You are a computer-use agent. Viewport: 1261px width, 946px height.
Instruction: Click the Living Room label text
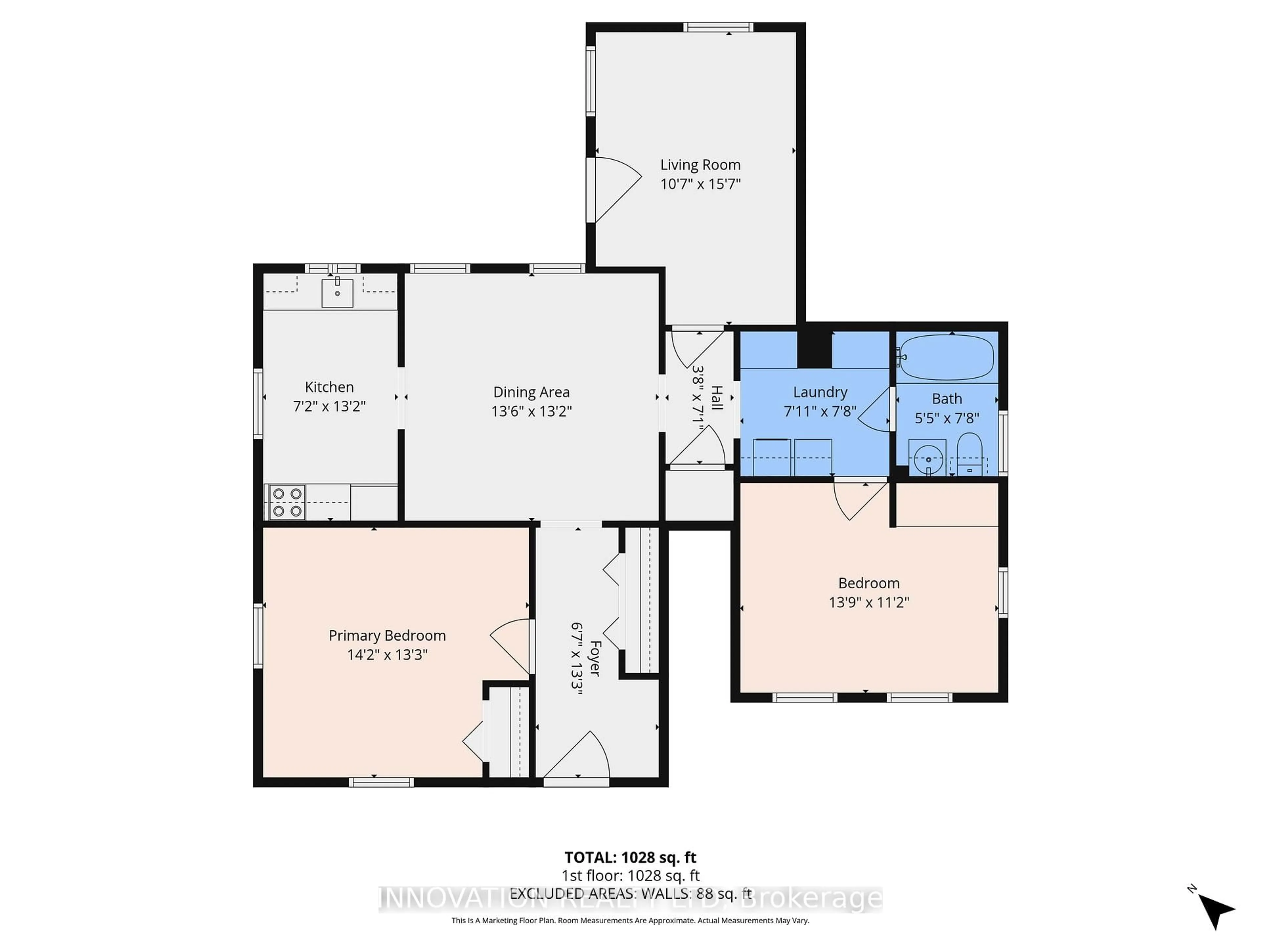(700, 165)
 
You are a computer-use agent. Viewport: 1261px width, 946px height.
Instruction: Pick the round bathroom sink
(928, 459)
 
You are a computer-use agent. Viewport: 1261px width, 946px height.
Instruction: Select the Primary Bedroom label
(387, 635)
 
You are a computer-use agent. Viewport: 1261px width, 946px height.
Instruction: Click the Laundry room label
(820, 392)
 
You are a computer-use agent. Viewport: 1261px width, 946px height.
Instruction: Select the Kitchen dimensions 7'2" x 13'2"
(329, 406)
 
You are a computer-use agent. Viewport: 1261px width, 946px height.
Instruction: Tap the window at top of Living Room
(718, 27)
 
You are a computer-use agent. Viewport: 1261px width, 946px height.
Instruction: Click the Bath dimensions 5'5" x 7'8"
(946, 418)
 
